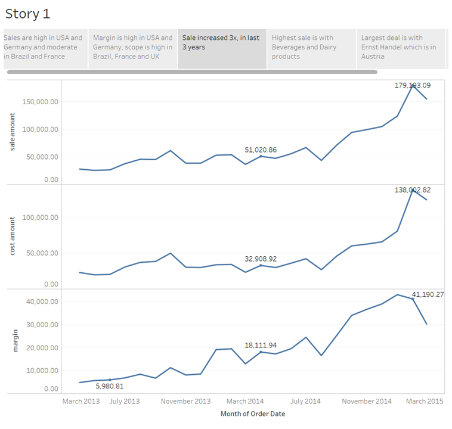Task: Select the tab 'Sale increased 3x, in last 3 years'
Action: pyautogui.click(x=222, y=48)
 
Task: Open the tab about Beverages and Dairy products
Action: pyautogui.click(x=311, y=48)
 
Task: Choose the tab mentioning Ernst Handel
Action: pyautogui.click(x=400, y=48)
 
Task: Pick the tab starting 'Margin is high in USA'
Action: pyautogui.click(x=132, y=48)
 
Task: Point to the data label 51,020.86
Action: pyautogui.click(x=261, y=150)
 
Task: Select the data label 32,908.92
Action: pyautogui.click(x=261, y=259)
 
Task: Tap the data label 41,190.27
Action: pyautogui.click(x=428, y=294)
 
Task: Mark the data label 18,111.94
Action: pyautogui.click(x=261, y=345)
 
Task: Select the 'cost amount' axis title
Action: pyautogui.click(x=13, y=237)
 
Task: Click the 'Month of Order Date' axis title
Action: pyautogui.click(x=253, y=414)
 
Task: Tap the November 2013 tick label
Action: pyautogui.click(x=186, y=402)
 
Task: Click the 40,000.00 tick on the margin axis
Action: pyautogui.click(x=40, y=302)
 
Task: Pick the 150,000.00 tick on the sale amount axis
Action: pyautogui.click(x=38, y=102)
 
